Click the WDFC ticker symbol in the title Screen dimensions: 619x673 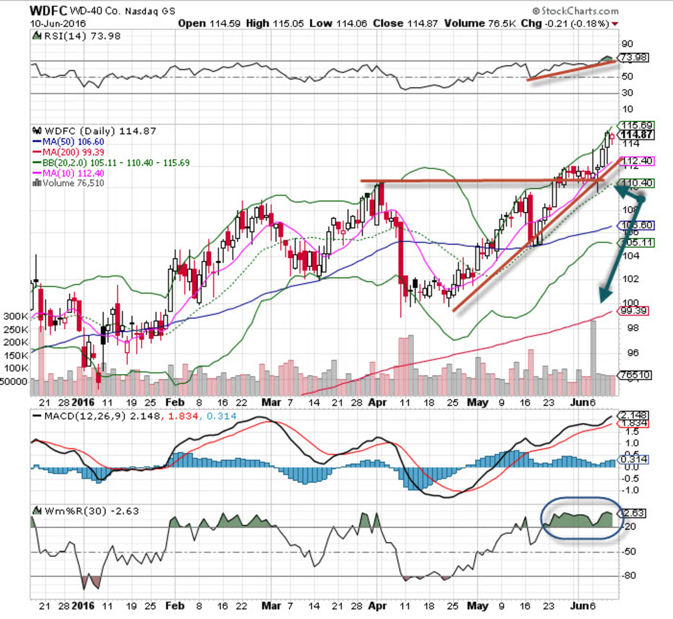pyautogui.click(x=49, y=10)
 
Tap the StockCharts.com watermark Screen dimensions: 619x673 pyautogui.click(x=576, y=11)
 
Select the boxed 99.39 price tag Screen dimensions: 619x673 pyautogui.click(x=634, y=311)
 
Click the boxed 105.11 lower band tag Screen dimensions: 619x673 pyautogui.click(x=634, y=242)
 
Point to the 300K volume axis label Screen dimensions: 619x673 pyautogui.click(x=15, y=316)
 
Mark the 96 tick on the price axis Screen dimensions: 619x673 pyautogui.click(x=630, y=353)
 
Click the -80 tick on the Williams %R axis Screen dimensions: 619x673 pyautogui.click(x=630, y=575)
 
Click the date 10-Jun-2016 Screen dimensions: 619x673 pyautogui.click(x=58, y=24)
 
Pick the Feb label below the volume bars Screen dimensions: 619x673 pyautogui.click(x=174, y=402)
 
